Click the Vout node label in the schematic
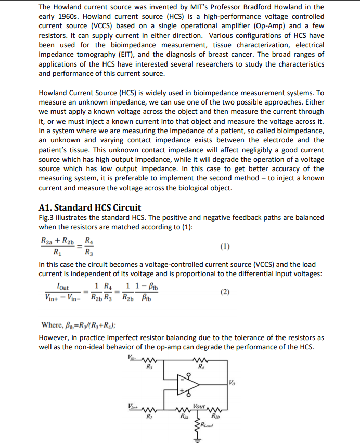coord(198,405)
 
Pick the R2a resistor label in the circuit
coord(184,415)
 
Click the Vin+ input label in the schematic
coord(133,406)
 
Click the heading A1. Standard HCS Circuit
coord(90,207)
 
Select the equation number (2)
coord(225,292)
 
